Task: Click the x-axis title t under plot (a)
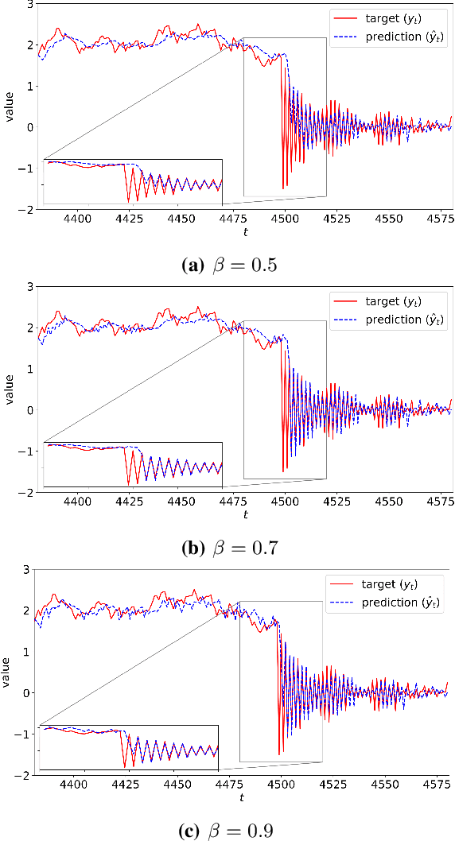[245, 233]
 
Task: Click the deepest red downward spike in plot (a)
[283, 188]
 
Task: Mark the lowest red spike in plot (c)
[279, 754]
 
